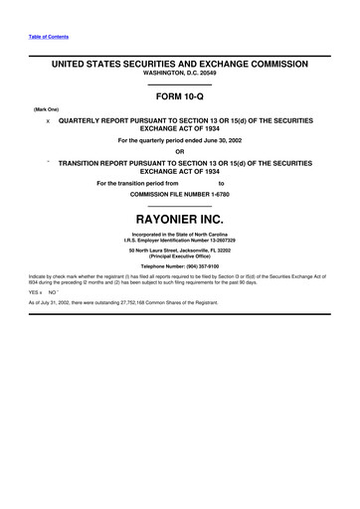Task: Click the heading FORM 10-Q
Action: tap(180, 98)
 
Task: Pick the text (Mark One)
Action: tap(47, 109)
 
